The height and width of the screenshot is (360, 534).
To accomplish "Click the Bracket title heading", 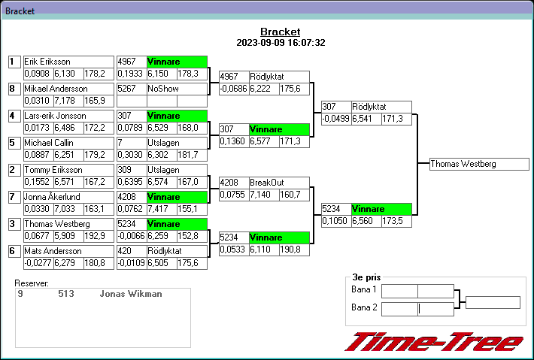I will click(280, 32).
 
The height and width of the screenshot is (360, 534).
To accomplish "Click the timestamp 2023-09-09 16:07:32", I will click(280, 42).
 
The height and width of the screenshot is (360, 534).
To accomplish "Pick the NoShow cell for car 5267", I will click(176, 89).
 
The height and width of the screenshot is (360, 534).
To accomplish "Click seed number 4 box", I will click(14, 116).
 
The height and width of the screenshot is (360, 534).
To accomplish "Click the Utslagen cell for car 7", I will click(176, 143).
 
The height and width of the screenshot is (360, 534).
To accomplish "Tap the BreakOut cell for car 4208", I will click(278, 183).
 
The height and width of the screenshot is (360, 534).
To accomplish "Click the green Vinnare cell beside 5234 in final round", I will click(381, 210).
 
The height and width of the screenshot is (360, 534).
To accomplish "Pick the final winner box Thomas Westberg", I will click(474, 164).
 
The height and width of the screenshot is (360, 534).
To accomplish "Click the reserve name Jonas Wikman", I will click(130, 294).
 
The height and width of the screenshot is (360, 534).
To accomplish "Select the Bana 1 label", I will click(364, 290).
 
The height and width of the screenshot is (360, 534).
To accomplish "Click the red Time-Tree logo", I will click(433, 343).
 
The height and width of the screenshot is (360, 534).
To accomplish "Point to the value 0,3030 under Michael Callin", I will click(131, 155).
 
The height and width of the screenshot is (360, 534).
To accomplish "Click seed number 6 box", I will click(14, 251).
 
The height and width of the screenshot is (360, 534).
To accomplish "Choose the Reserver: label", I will click(32, 283).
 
